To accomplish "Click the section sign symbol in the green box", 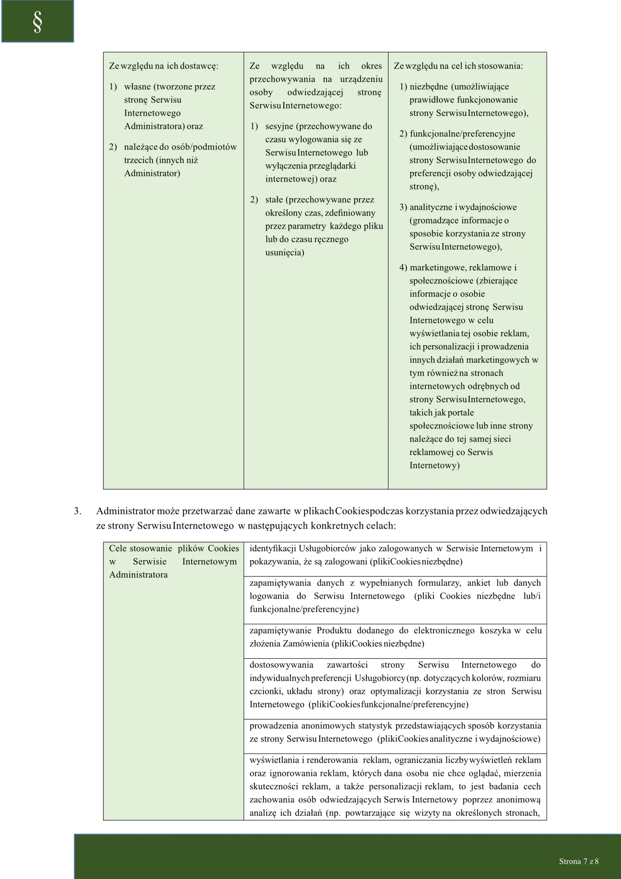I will [x=37, y=22].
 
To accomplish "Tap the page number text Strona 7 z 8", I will [x=578, y=861].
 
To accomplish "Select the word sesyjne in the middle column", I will [x=279, y=126].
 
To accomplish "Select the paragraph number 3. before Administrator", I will [x=77, y=511].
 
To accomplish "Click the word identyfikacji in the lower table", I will [x=273, y=549].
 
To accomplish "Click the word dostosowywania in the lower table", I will [x=281, y=665].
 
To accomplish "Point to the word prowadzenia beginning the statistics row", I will [x=273, y=726].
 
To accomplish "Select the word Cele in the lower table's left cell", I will [x=118, y=549].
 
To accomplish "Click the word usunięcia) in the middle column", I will [x=285, y=253].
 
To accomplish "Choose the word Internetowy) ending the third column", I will [x=434, y=466].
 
